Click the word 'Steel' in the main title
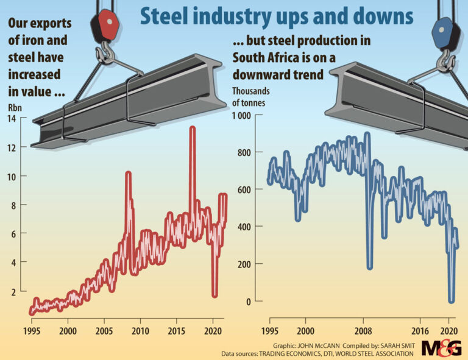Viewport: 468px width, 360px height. point(164,16)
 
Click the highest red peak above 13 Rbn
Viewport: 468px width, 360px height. point(193,129)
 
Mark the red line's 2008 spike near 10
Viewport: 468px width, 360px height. point(128,174)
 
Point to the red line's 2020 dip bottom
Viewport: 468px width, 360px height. point(214,295)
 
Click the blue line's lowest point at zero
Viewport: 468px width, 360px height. point(452,300)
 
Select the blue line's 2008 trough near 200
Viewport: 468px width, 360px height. point(370,267)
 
